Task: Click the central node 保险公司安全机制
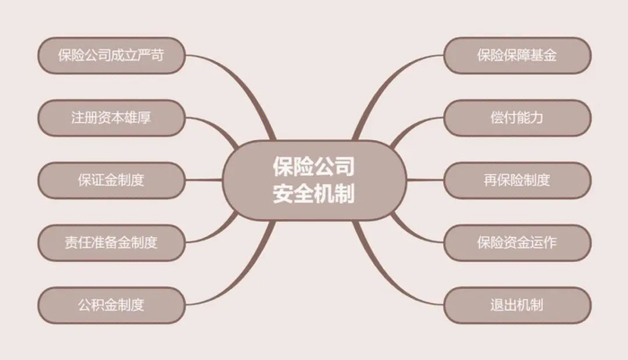point(313,180)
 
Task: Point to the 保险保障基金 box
point(518,55)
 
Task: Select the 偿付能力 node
point(518,117)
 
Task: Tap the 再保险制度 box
point(518,180)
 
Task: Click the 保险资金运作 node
point(518,241)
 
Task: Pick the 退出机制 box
point(518,303)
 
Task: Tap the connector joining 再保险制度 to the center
point(422,180)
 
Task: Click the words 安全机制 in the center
point(313,193)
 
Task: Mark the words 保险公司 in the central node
point(313,166)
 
